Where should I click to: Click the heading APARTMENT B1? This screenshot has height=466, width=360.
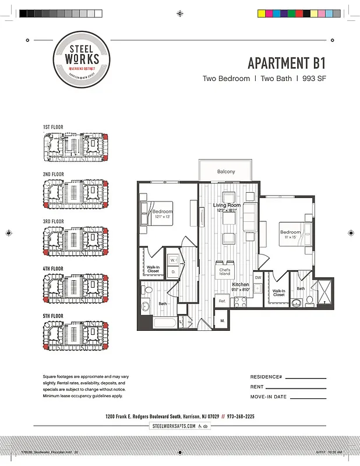[x=286, y=63]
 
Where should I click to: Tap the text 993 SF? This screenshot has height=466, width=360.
[x=313, y=79]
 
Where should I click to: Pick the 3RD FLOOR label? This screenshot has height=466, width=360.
[x=53, y=221]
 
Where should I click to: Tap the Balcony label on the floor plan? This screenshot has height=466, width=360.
[x=226, y=172]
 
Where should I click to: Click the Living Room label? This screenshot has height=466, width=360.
[x=227, y=205]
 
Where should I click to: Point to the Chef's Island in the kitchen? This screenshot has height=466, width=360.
[x=225, y=271]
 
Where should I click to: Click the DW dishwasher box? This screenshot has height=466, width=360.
[x=257, y=278]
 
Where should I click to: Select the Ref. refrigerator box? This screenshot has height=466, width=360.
[x=222, y=301]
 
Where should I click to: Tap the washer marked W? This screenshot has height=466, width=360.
[x=173, y=260]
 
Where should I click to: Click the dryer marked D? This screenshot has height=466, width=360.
[x=173, y=271]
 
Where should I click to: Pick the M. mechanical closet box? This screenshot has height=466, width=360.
[x=223, y=320]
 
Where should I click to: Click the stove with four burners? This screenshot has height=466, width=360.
[x=240, y=301]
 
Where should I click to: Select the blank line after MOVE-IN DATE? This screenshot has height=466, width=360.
[x=308, y=398]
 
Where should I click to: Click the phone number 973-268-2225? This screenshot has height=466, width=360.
[x=237, y=416]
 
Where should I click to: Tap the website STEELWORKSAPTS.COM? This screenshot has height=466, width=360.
[x=174, y=426]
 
